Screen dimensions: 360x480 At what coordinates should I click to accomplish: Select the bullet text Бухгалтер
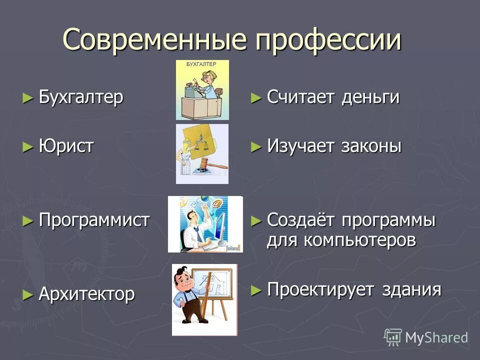(81, 97)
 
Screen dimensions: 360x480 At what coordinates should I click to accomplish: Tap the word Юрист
(66, 146)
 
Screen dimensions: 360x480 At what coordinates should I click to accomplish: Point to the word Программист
(94, 220)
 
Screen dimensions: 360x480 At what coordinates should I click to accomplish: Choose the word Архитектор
(86, 294)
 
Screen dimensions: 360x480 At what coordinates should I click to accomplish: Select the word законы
(371, 146)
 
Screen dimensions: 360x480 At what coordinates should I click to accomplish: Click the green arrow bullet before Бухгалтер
(27, 97)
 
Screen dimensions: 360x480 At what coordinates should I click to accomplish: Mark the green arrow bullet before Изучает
(256, 146)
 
